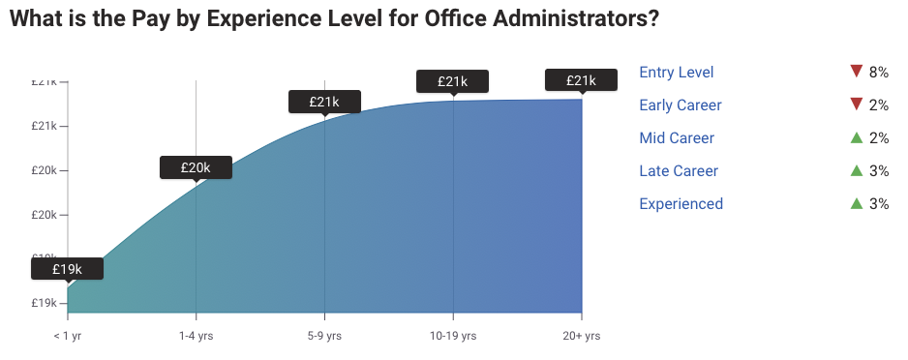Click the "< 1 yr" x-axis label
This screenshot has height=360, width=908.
tap(67, 336)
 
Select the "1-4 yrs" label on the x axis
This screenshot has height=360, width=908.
tap(196, 336)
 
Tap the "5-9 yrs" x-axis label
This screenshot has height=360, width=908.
tap(324, 336)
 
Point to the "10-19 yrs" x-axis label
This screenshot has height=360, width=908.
tap(453, 336)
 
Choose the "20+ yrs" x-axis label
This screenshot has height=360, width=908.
tap(581, 336)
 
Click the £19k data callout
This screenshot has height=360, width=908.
tap(67, 268)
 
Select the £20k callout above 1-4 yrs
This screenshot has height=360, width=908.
tap(196, 167)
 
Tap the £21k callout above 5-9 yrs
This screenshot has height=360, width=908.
tap(324, 101)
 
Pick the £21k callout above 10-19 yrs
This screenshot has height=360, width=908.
tap(453, 81)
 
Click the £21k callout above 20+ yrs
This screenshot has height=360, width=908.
tap(582, 79)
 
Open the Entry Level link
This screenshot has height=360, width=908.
tap(677, 73)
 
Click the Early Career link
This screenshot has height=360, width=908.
tap(681, 105)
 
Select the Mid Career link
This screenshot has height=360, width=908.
tap(677, 138)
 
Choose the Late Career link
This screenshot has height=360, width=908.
tap(679, 171)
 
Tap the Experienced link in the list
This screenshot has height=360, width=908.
tap(681, 204)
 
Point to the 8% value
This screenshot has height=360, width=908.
tap(879, 73)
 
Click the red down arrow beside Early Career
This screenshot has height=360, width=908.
tap(856, 105)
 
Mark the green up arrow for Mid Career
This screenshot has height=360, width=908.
tap(856, 137)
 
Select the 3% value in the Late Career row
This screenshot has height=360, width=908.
tap(879, 171)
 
